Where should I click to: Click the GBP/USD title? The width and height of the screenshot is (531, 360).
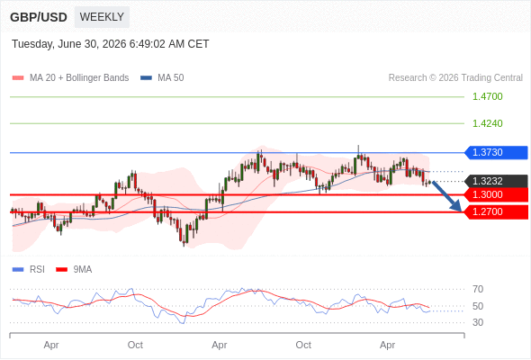click(39, 17)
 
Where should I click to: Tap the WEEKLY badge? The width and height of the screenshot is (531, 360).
click(102, 17)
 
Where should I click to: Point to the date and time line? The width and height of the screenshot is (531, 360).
click(111, 44)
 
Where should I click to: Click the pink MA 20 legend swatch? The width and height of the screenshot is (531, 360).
click(18, 78)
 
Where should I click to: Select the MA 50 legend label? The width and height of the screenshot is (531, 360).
click(171, 78)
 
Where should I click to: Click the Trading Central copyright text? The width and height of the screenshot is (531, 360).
click(455, 78)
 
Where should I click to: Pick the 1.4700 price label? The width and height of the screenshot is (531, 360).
click(487, 96)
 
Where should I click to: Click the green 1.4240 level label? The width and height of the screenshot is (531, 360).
click(487, 123)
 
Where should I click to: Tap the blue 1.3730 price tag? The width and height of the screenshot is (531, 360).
click(496, 152)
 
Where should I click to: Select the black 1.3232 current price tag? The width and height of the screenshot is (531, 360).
click(496, 181)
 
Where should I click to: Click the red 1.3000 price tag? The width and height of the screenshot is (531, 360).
click(496, 194)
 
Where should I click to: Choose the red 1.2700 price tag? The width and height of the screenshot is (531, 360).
click(496, 212)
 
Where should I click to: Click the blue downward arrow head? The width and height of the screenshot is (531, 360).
click(456, 206)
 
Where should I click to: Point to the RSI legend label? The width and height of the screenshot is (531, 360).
click(37, 270)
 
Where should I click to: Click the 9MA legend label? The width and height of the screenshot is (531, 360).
click(83, 270)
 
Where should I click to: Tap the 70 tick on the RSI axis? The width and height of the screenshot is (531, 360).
click(478, 289)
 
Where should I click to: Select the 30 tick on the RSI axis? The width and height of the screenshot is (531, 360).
click(478, 322)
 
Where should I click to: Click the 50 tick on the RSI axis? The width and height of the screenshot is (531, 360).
click(478, 306)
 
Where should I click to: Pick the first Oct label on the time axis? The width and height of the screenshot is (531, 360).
click(135, 345)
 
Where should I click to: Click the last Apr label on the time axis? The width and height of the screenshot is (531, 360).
click(387, 345)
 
